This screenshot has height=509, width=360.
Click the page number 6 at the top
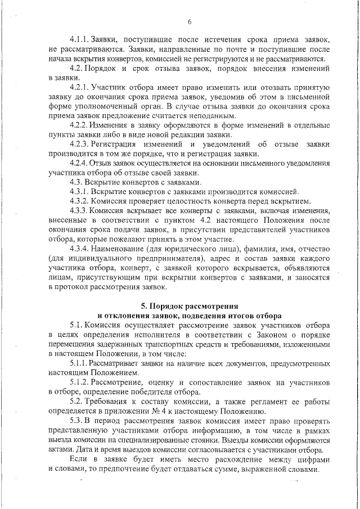coord(190,22)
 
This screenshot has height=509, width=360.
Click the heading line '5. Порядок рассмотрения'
coord(190,306)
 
